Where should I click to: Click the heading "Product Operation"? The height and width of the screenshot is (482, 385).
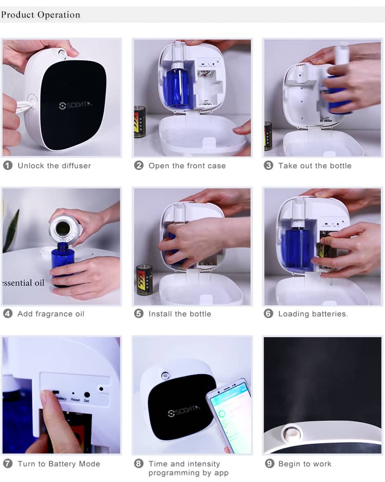[x=41, y=14]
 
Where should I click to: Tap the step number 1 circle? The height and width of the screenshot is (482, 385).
[x=8, y=165]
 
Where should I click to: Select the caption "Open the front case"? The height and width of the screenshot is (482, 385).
[x=187, y=165]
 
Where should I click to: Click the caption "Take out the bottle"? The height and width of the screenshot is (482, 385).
[x=315, y=165]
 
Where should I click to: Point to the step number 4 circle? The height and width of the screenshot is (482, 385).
[x=8, y=314]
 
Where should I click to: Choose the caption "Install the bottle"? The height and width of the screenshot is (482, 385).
[x=180, y=314]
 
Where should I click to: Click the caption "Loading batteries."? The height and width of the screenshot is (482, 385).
[x=313, y=314]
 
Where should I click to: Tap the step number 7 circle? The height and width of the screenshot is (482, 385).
[x=8, y=464]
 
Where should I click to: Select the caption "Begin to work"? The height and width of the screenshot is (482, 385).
[x=304, y=464]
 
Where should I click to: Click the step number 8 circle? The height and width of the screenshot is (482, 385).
[x=139, y=464]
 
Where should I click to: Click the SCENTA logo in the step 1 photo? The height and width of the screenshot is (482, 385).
[x=74, y=105]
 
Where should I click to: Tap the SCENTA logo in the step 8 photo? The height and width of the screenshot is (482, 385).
[x=185, y=412]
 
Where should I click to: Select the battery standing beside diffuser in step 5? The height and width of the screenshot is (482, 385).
[x=144, y=279]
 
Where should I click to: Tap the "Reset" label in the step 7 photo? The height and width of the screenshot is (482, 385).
[x=75, y=399]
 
